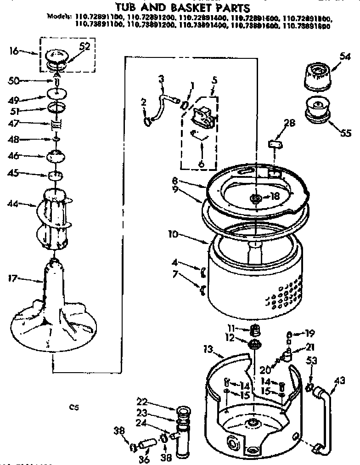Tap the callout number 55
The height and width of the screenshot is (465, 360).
coord(345,133)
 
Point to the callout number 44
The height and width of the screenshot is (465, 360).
coord(14,203)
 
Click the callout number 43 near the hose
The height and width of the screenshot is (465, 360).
coord(339,380)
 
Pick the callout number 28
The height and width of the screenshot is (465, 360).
coord(290,123)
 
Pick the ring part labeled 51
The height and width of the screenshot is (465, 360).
coord(56,108)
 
